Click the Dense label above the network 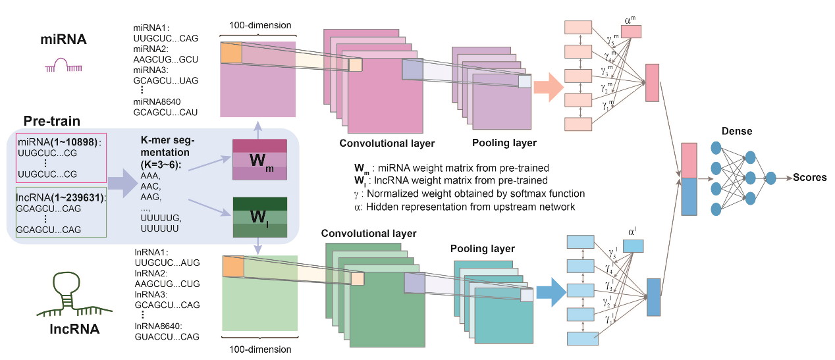point(737,131)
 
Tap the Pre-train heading point(52,121)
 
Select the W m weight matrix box point(259,160)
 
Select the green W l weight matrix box point(259,217)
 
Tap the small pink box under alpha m point(631,31)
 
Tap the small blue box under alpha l point(633,245)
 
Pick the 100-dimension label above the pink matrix point(259,25)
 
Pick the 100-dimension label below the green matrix point(259,349)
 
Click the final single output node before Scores point(772,178)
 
